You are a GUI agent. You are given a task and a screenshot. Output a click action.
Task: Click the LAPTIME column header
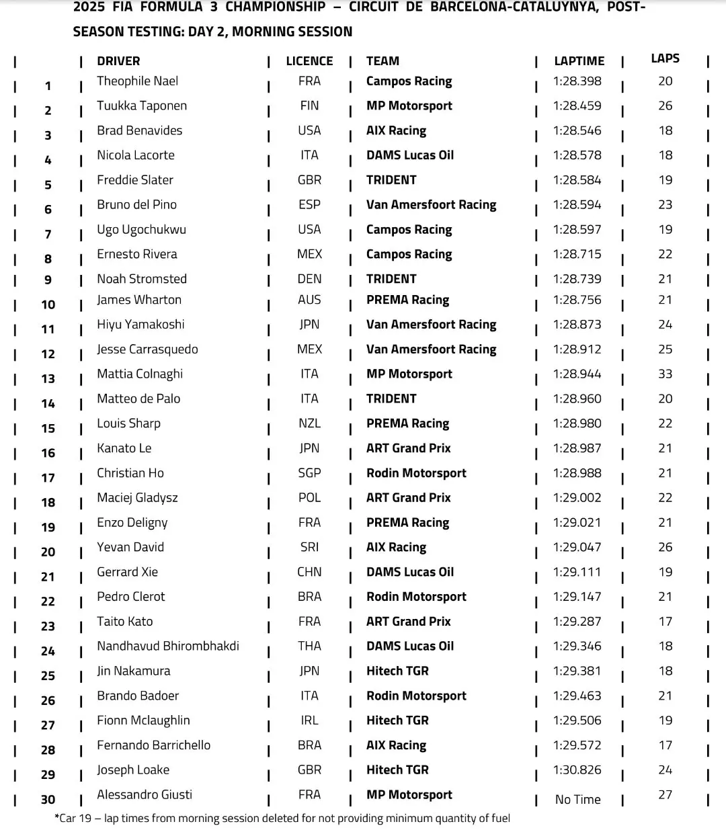[579, 61]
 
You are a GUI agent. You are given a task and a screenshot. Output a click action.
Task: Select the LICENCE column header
[309, 61]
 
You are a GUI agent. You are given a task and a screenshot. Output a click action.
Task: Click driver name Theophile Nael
[137, 81]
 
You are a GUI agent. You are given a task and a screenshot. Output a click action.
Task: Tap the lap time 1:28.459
[577, 106]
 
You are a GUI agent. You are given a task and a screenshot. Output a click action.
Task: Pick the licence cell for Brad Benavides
[309, 130]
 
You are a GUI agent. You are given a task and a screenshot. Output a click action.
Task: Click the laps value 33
[665, 374]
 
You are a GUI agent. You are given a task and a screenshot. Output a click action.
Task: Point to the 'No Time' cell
[577, 800]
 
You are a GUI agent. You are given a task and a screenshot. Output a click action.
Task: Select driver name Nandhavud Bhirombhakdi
[167, 647]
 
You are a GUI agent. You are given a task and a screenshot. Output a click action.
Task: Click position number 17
[48, 478]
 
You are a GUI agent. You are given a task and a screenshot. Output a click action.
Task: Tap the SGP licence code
[309, 473]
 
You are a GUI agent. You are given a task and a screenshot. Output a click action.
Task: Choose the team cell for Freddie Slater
[391, 180]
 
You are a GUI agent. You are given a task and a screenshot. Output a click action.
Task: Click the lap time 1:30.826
[577, 770]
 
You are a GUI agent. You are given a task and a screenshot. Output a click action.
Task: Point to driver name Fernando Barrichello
[153, 745]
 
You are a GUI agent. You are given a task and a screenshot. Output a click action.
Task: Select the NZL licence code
[309, 423]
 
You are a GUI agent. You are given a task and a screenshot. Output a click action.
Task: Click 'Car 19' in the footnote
[74, 819]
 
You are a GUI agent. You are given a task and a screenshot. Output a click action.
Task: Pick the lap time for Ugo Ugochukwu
[577, 230]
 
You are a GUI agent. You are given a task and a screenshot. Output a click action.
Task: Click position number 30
[48, 800]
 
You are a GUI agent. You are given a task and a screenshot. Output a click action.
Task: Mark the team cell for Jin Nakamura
[397, 671]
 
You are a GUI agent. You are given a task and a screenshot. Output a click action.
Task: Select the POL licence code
[309, 498]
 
